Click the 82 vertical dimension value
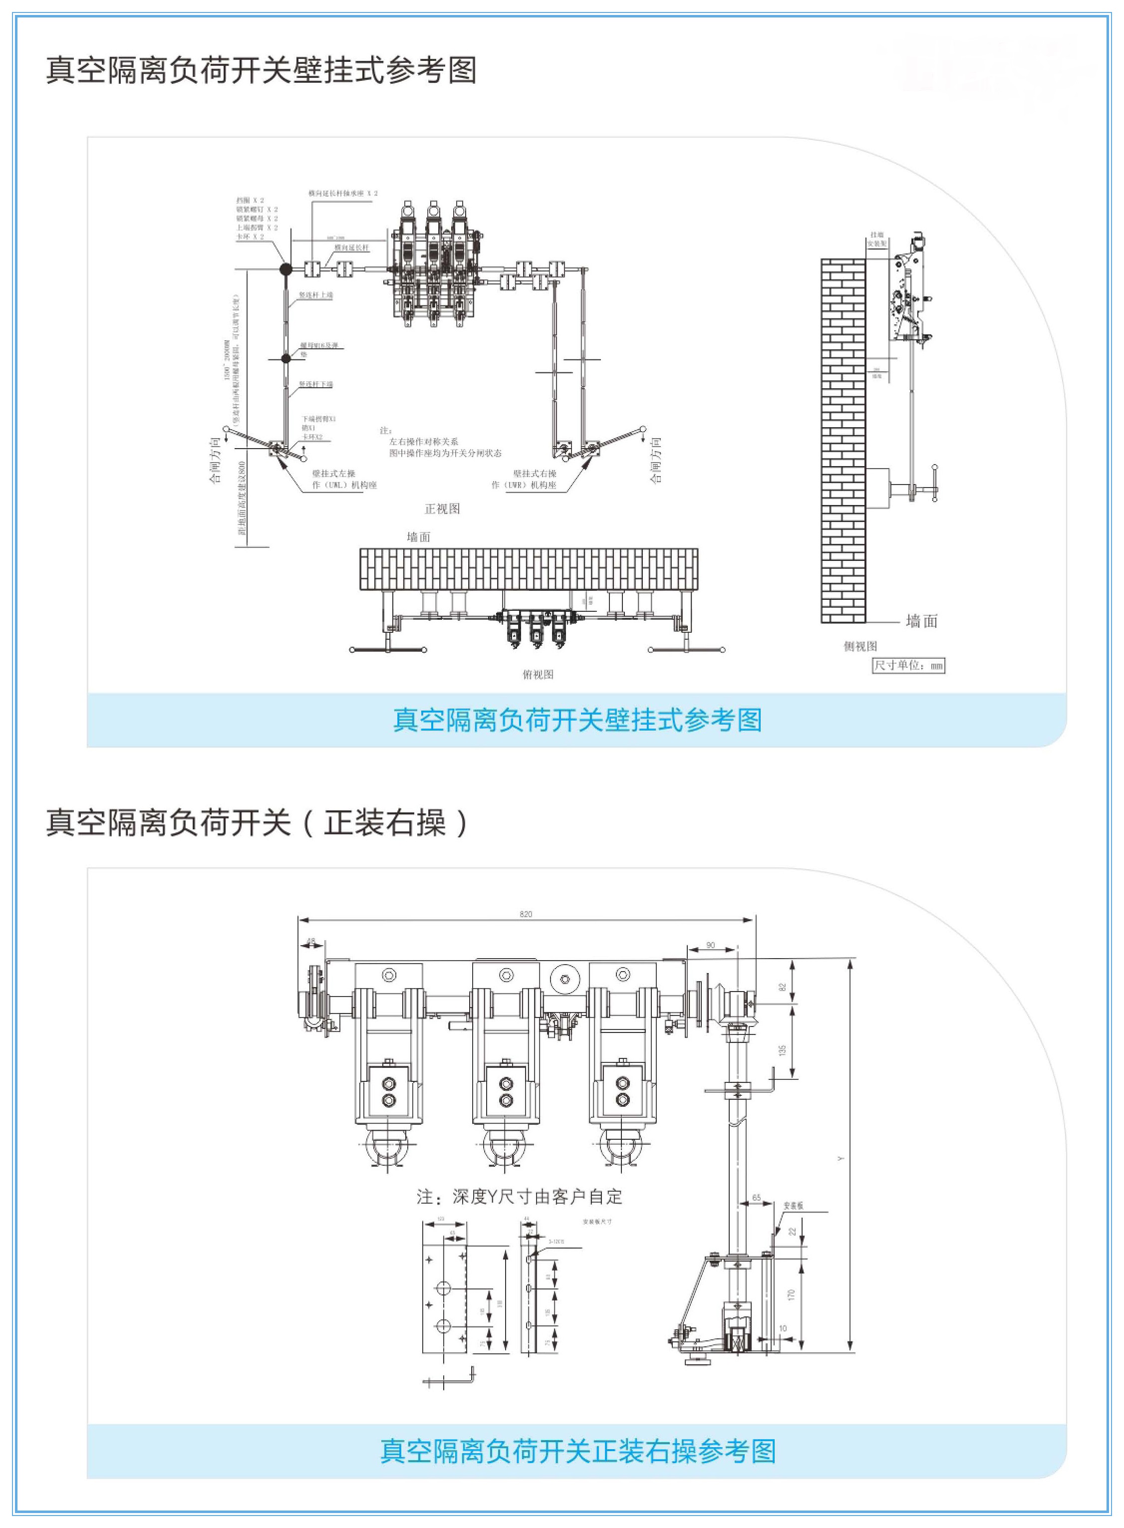tap(783, 987)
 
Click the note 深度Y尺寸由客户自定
tap(519, 1197)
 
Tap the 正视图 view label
tap(442, 509)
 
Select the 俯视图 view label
tap(538, 674)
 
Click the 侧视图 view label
tap(860, 646)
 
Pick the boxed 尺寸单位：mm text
tap(908, 665)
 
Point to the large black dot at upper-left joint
tap(286, 269)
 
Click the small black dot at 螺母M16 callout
tap(286, 358)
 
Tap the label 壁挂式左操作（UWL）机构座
tap(343, 479)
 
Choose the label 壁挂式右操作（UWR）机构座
tap(525, 479)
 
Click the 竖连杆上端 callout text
tap(316, 295)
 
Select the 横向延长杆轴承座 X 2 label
tap(343, 193)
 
